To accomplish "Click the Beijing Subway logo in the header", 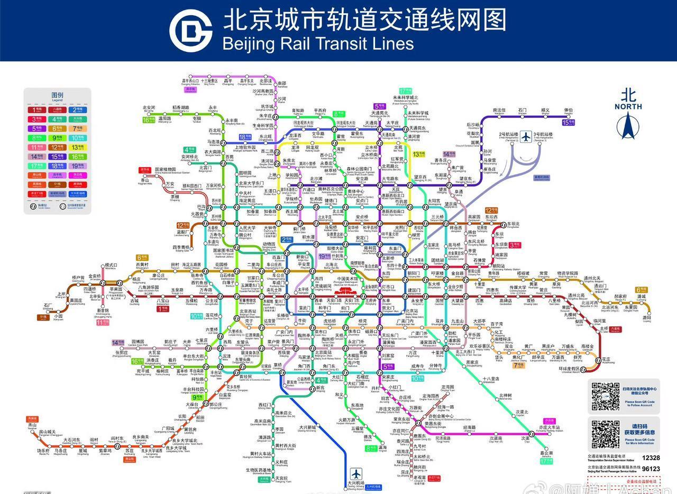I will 190,30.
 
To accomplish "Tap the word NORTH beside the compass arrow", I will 628,106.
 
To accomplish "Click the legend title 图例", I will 57,96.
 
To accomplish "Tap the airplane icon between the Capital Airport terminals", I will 526,136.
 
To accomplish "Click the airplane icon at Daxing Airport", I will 356,474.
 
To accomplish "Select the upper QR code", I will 605,397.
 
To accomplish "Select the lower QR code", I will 605,435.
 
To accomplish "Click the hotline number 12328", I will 651,458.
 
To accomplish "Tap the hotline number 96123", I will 651,469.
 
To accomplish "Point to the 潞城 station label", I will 642,297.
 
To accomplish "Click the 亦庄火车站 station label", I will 550,427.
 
